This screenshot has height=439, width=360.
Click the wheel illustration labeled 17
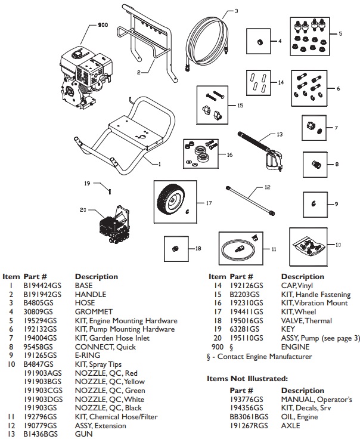click(173, 200)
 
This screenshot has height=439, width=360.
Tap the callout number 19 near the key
click(86, 184)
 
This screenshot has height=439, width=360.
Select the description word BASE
click(84, 286)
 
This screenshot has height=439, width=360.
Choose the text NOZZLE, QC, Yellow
click(110, 390)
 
